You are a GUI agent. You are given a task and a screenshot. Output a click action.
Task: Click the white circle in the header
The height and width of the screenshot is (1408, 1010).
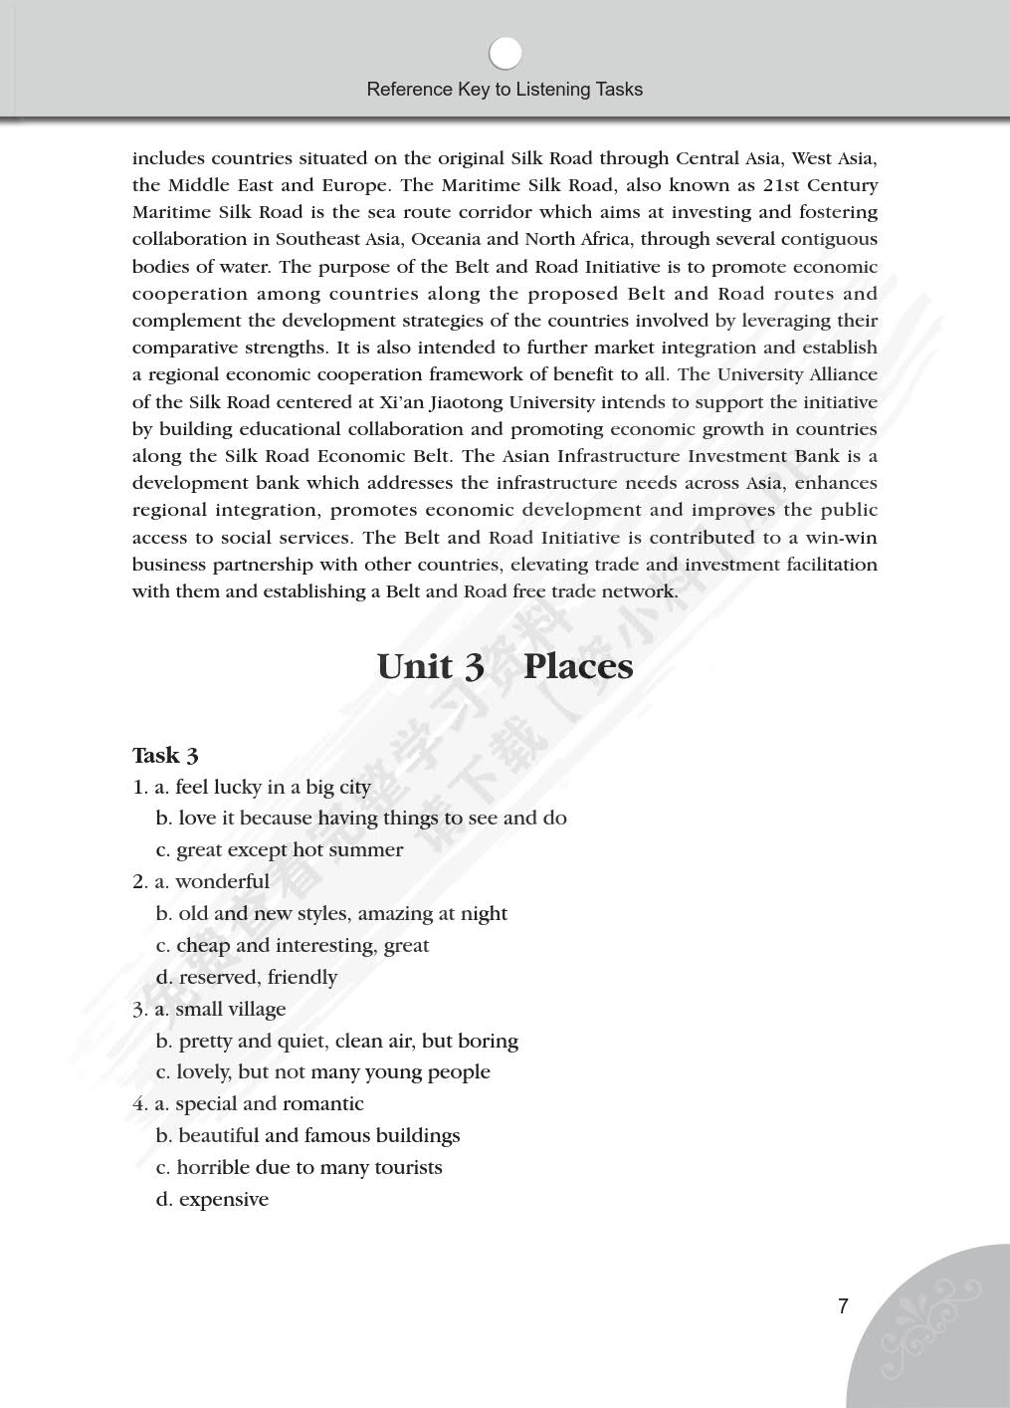tap(505, 53)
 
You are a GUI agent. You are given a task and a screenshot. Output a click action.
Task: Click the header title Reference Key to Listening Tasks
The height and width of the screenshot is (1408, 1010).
tap(505, 90)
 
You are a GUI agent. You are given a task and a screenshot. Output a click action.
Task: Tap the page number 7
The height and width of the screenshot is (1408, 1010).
tap(843, 1306)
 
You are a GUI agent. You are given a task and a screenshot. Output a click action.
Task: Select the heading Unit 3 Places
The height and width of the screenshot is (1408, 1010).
tap(505, 666)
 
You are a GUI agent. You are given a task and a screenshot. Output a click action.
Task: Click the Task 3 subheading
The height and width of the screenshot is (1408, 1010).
tap(165, 756)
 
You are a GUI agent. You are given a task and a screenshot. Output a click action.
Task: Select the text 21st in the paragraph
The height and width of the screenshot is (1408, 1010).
tap(780, 185)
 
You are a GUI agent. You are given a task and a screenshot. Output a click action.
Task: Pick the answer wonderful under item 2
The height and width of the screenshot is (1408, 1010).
tap(222, 882)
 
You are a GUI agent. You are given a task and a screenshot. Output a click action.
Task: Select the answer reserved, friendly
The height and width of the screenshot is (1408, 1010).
tap(258, 978)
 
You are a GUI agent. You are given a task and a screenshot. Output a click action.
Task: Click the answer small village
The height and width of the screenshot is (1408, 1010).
tap(230, 1010)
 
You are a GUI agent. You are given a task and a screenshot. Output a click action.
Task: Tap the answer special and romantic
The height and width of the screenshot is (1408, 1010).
tap(269, 1104)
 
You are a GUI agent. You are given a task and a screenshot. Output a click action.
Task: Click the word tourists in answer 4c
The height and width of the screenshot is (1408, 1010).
tap(408, 1168)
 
